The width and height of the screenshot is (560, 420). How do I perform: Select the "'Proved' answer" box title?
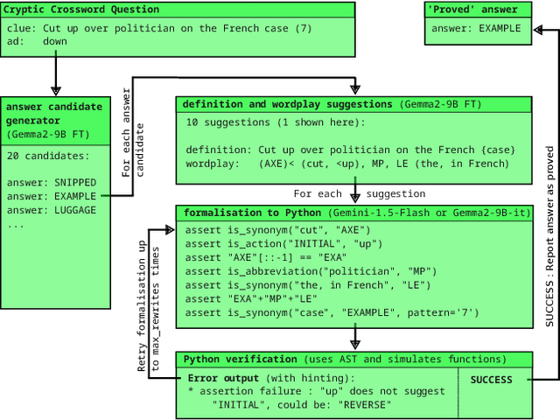coord(472,10)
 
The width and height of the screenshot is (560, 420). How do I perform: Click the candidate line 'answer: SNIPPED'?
coord(52,182)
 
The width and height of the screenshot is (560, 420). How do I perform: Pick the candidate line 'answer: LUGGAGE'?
coord(52,210)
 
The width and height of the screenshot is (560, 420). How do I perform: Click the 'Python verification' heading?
coord(241,360)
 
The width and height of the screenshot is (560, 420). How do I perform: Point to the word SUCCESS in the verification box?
coord(491,380)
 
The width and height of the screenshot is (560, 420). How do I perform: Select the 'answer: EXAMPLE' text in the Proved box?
coord(476,28)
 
